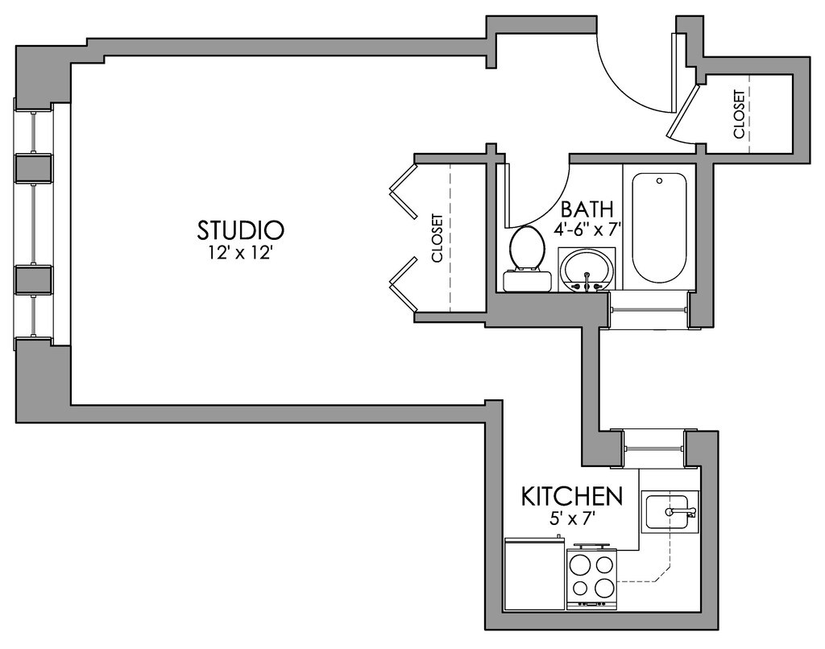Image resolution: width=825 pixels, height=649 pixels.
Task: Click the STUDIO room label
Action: tap(240, 229)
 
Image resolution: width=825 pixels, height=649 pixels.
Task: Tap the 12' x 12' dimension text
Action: tap(241, 253)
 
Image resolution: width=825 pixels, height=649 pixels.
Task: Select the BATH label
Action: tap(587, 209)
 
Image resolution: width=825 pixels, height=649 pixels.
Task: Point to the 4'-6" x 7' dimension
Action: tap(587, 229)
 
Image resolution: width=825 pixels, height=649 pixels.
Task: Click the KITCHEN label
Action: tap(572, 496)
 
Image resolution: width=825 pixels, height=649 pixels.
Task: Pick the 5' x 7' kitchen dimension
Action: tap(572, 519)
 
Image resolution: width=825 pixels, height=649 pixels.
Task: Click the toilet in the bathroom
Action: tap(527, 258)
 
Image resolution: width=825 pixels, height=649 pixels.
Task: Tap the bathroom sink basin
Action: tap(587, 269)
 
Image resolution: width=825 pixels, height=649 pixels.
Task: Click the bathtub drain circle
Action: tap(659, 181)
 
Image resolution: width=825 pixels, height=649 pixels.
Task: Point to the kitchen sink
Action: tap(670, 512)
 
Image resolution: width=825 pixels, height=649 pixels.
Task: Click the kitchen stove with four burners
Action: tap(592, 577)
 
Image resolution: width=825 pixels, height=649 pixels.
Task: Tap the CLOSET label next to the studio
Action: tap(437, 238)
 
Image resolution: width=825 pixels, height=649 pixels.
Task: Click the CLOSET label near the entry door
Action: tap(739, 114)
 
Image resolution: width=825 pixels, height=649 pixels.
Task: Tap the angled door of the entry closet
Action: tap(683, 111)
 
